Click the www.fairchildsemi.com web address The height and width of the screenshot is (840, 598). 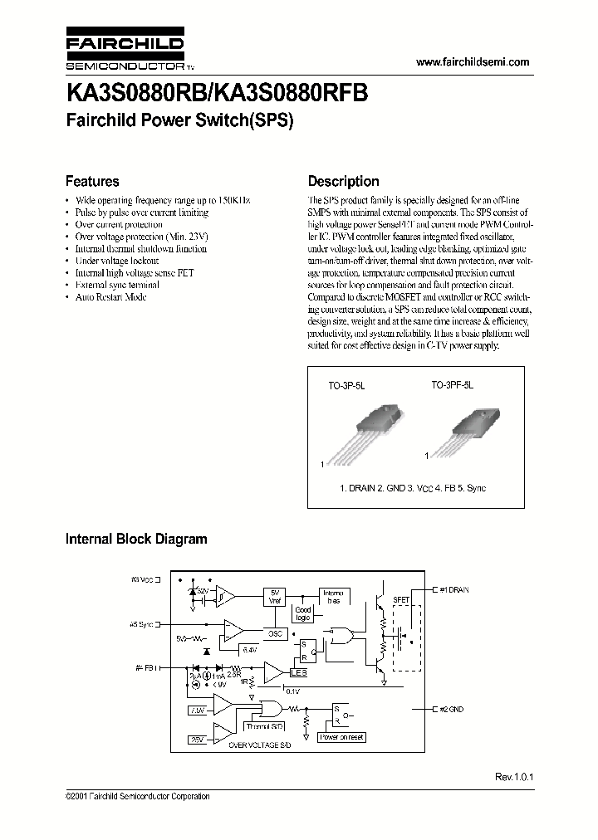coord(471,62)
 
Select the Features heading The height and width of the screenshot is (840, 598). coord(92,181)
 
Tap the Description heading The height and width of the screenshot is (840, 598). coord(343,181)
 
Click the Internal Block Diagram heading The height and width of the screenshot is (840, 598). coord(136,539)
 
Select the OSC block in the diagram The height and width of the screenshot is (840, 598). coord(275,633)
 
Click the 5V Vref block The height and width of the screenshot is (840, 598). coord(275,598)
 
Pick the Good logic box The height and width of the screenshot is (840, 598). coord(303,613)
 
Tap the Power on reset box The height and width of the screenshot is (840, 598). coord(343,737)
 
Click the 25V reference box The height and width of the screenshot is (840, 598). coord(198,738)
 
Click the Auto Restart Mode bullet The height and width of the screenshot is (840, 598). coord(110,296)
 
